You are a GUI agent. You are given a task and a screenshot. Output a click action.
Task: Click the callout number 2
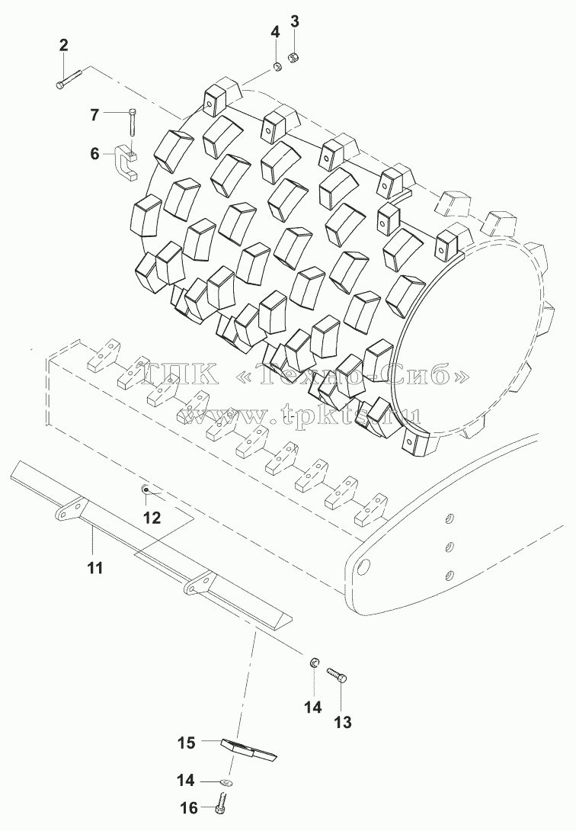click(x=63, y=46)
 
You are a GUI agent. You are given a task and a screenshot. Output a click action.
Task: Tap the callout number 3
click(x=295, y=22)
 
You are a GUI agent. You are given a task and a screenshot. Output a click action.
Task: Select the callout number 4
click(x=275, y=31)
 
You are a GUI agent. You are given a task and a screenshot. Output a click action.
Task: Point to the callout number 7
click(x=94, y=114)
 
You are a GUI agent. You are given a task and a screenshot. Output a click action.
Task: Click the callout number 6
click(x=94, y=154)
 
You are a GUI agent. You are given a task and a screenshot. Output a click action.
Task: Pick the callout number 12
click(x=152, y=517)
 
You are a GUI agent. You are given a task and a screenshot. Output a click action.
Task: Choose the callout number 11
click(x=94, y=568)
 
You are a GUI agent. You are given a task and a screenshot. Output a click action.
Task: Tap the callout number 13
click(x=343, y=722)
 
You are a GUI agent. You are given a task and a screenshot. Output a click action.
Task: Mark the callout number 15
click(x=187, y=743)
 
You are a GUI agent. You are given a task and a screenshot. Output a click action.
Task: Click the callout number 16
click(x=189, y=807)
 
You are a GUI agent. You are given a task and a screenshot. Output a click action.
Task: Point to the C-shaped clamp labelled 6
click(x=126, y=164)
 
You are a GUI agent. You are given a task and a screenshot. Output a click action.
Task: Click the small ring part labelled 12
click(x=145, y=489)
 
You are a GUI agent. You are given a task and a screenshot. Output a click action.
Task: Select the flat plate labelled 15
click(x=248, y=749)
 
